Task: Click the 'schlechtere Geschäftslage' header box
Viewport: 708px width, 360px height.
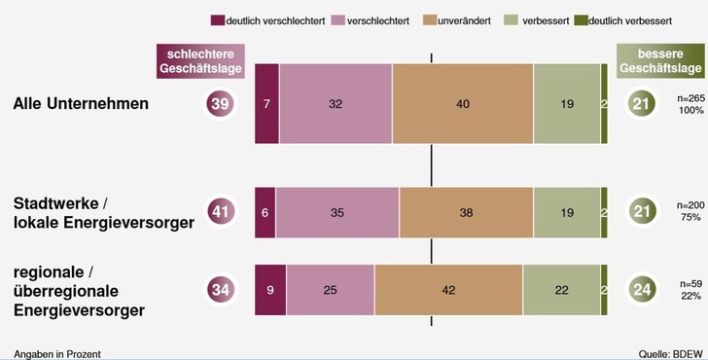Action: pyautogui.click(x=198, y=61)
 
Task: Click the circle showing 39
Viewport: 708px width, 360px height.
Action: pyautogui.click(x=220, y=104)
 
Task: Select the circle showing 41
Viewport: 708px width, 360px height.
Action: pyautogui.click(x=220, y=212)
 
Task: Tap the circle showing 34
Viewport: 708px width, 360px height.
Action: pyautogui.click(x=220, y=289)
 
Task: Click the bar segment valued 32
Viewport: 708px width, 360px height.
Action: pyautogui.click(x=336, y=104)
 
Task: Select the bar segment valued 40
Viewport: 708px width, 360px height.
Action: pyautogui.click(x=462, y=104)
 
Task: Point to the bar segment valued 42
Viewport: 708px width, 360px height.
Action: pyautogui.click(x=448, y=289)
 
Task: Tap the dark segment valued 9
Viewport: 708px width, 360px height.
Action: pyautogui.click(x=269, y=289)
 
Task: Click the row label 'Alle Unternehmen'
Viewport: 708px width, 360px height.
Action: pyautogui.click(x=81, y=104)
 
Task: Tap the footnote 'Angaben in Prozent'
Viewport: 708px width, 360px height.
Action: pyautogui.click(x=57, y=352)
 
